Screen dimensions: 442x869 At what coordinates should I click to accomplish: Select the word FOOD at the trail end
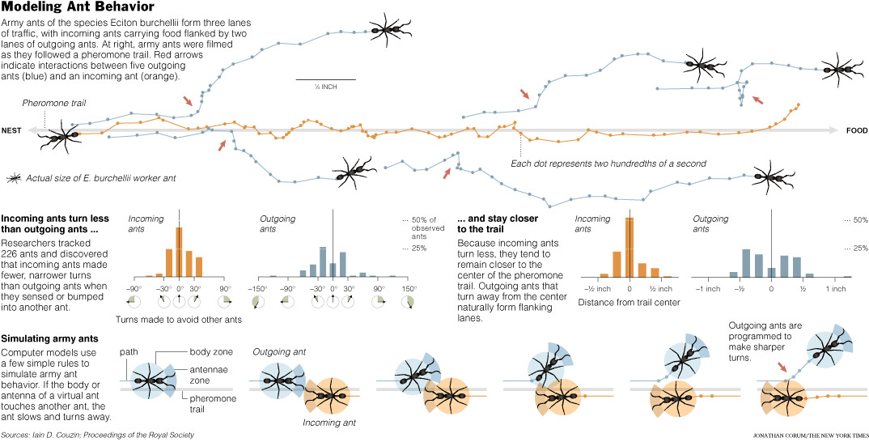click(x=856, y=130)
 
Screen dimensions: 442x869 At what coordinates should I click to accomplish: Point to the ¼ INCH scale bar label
click(x=315, y=86)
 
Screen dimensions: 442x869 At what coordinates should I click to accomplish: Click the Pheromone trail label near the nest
click(x=53, y=103)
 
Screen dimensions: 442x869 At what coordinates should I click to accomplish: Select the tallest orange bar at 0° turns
click(x=179, y=252)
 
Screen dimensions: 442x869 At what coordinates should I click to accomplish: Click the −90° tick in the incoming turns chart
click(x=134, y=287)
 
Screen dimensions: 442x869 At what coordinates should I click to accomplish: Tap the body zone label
click(x=212, y=353)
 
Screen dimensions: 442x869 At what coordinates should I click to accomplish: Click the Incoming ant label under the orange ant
click(x=328, y=422)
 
